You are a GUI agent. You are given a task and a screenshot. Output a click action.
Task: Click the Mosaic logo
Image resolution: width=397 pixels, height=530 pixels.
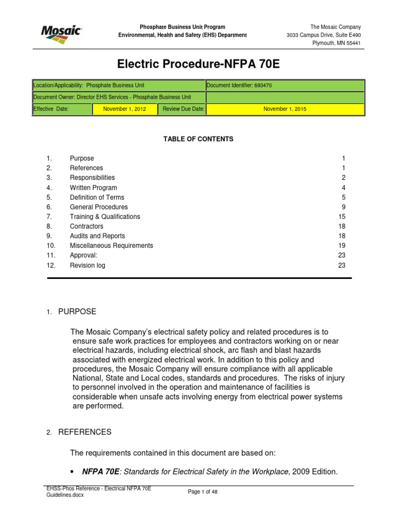(x=60, y=32)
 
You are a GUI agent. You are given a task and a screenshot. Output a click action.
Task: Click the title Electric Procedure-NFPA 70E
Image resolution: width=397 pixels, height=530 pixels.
(x=198, y=64)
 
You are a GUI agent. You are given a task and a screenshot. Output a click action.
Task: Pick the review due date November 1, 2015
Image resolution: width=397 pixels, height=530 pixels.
(x=285, y=109)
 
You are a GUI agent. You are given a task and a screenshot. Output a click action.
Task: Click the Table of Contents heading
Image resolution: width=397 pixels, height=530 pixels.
(x=198, y=139)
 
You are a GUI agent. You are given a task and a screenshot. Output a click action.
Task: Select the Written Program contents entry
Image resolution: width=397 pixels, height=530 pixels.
(x=94, y=188)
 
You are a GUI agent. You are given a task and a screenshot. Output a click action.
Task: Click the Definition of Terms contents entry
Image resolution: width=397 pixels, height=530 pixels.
(x=97, y=197)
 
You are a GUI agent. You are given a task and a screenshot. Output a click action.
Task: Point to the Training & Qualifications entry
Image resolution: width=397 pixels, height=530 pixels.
(x=105, y=217)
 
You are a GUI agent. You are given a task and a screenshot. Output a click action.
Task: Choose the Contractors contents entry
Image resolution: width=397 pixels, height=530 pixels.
(x=86, y=226)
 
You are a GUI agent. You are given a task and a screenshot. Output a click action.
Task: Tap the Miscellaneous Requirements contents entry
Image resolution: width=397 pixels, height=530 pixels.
(x=111, y=246)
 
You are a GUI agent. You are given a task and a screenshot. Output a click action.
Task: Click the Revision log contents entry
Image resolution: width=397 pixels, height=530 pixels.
(x=87, y=266)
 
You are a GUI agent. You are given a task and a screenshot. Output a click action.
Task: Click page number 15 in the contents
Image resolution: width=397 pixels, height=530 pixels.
(x=341, y=217)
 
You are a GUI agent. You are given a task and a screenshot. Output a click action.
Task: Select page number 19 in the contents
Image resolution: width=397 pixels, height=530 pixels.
(x=341, y=246)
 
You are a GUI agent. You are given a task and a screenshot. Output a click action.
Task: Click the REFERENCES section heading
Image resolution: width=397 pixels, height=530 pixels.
(x=84, y=432)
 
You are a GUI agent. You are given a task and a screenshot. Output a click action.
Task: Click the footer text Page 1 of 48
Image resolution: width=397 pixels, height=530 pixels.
(x=203, y=492)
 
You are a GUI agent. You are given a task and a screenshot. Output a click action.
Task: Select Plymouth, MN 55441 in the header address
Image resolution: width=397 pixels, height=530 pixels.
(x=336, y=43)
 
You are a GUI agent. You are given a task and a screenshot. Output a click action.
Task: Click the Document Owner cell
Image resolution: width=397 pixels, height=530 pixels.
(x=112, y=97)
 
